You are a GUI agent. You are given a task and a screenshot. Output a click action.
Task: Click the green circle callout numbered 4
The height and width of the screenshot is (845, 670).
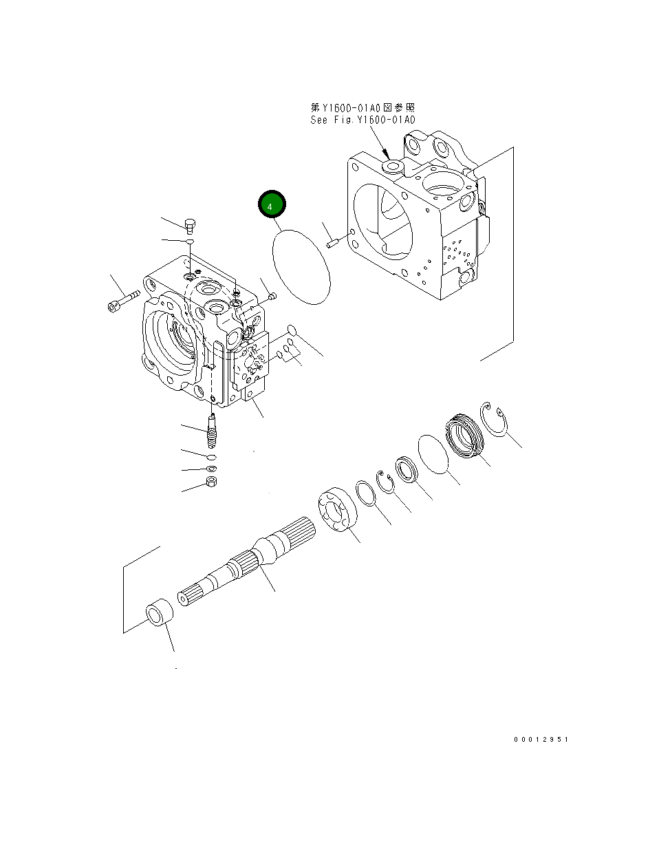pos(271,205)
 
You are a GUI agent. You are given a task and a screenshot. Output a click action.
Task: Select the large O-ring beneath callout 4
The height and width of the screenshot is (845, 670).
pos(302,266)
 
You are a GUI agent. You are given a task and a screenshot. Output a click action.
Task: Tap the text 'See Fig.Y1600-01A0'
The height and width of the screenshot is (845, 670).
pos(363,120)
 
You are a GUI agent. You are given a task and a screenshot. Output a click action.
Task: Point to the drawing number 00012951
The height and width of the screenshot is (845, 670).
pos(541,739)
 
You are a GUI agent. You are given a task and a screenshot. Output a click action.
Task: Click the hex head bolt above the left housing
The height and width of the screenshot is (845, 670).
pos(191,224)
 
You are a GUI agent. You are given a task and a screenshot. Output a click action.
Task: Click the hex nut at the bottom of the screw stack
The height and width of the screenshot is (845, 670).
pos(212,484)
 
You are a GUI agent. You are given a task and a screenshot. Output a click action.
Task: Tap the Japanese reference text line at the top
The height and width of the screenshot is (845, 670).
pos(363,108)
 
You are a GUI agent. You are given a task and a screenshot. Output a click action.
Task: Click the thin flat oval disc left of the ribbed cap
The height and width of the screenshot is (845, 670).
pos(433,453)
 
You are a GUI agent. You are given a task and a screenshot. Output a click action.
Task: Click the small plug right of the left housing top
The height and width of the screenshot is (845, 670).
pos(271,297)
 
